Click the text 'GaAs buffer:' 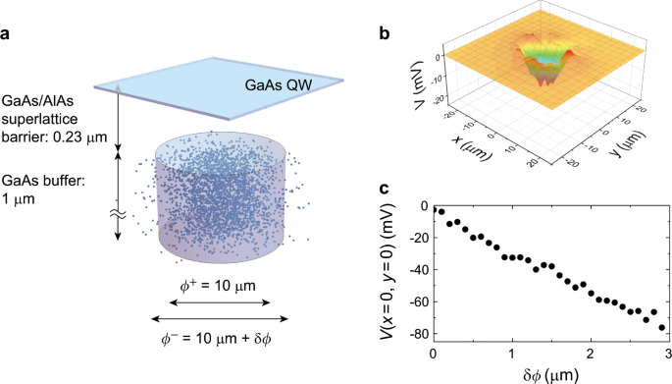(42, 181)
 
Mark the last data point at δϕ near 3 (662, 327)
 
